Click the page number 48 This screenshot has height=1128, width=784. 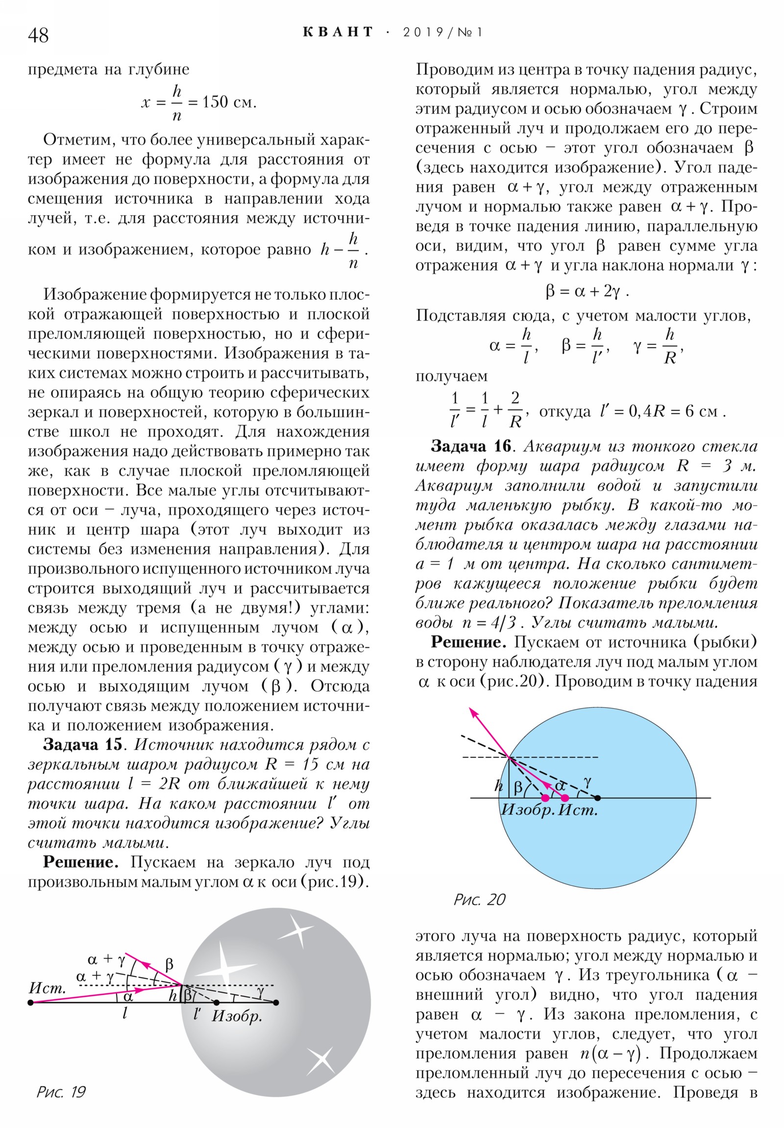38,35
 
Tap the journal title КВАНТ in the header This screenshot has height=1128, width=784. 338,32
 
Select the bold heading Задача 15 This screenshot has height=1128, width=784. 82,744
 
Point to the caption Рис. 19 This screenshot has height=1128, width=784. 61,1092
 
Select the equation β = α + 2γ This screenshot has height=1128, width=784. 587,291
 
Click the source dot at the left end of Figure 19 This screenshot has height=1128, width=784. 30,1002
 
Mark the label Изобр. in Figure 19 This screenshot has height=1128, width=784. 237,1016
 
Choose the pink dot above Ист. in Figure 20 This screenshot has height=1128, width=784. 564,798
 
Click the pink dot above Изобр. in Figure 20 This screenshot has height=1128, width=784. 545,798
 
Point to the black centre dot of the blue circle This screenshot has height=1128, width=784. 597,798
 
